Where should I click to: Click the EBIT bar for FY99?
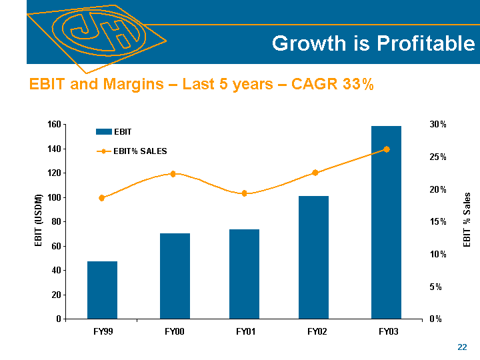click(102, 290)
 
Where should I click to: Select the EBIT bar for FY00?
click(175, 276)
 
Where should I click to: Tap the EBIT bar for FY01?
click(244, 274)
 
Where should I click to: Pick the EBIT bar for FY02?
click(313, 257)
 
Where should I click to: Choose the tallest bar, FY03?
click(386, 222)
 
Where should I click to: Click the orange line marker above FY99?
click(102, 198)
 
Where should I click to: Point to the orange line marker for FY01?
click(244, 193)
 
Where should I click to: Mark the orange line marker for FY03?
click(386, 149)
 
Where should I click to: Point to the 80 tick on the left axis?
click(56, 222)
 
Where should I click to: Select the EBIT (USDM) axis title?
click(39, 221)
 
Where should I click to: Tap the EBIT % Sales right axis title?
click(467, 220)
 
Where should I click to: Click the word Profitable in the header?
click(424, 44)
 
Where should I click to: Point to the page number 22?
click(462, 347)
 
